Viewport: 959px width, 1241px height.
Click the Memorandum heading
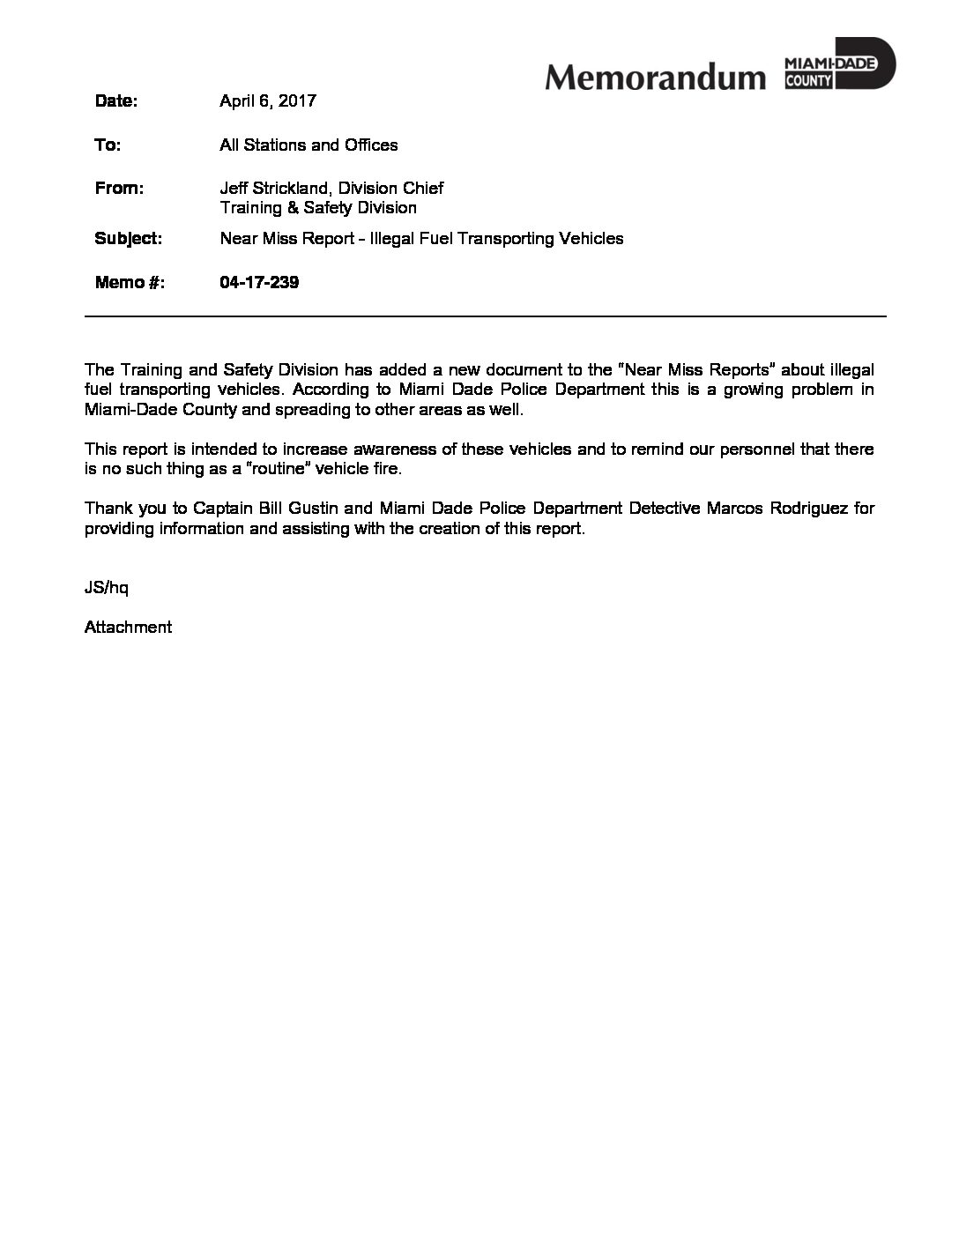click(x=655, y=78)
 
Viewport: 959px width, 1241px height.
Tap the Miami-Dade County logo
click(x=839, y=64)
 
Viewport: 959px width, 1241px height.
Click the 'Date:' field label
click(x=115, y=101)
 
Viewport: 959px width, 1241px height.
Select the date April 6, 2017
click(x=267, y=101)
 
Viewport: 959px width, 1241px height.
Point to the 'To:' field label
click(x=108, y=145)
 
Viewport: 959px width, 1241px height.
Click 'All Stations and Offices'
click(x=309, y=145)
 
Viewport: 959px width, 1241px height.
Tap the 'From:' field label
click(x=119, y=189)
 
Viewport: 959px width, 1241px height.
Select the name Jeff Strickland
click(x=274, y=189)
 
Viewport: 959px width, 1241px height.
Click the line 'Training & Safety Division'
click(x=317, y=208)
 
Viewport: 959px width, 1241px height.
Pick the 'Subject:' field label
click(x=128, y=239)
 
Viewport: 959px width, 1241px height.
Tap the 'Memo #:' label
click(x=130, y=283)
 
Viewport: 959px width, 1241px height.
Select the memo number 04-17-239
click(x=259, y=283)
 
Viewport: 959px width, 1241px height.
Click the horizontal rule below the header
click(x=485, y=316)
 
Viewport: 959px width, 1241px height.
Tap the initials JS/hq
click(x=107, y=587)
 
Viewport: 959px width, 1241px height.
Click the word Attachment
click(x=128, y=628)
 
